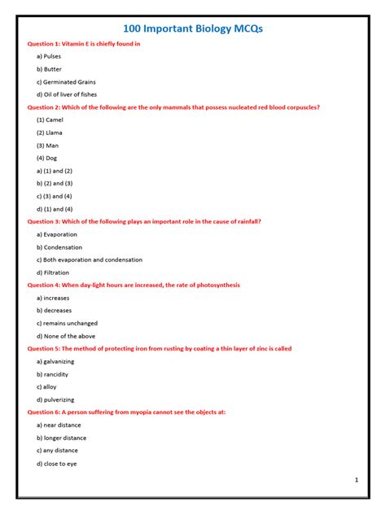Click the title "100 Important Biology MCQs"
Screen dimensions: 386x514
click(x=192, y=28)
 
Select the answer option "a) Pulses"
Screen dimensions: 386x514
click(x=49, y=56)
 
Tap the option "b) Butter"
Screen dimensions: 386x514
click(x=49, y=69)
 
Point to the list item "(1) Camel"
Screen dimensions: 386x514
click(x=50, y=120)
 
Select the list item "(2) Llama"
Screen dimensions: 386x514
click(x=49, y=133)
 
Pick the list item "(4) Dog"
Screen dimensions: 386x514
click(x=47, y=158)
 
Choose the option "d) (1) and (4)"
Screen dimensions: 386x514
click(x=55, y=209)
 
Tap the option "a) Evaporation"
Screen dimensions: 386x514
click(x=56, y=234)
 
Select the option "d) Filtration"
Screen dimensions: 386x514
click(x=53, y=272)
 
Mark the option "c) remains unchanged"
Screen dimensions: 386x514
click(x=66, y=323)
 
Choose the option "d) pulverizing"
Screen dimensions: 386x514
click(x=55, y=399)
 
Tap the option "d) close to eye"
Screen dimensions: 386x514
click(x=56, y=464)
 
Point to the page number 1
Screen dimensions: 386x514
click(x=356, y=481)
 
